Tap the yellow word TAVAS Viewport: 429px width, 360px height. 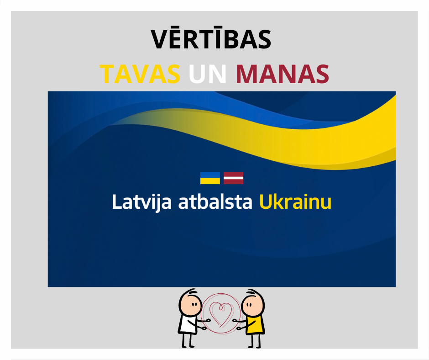(140, 74)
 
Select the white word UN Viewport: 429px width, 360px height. (208, 74)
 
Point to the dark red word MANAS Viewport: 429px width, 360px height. (283, 74)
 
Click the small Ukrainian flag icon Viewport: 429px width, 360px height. (210, 178)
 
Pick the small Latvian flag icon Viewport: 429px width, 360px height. (233, 178)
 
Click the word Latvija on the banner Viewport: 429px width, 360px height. (142, 202)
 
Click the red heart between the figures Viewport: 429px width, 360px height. (221, 314)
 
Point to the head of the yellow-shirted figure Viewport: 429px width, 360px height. (253, 304)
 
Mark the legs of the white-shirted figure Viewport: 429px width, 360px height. (188, 340)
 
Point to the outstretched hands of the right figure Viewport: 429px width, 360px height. (237, 324)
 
